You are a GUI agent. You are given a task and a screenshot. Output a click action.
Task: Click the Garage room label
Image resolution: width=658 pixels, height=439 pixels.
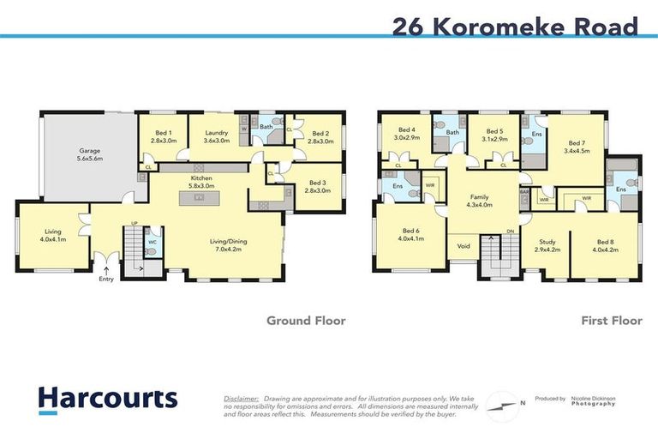click(x=85, y=153)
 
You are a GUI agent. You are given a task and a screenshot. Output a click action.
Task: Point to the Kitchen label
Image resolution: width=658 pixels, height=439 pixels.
click(x=200, y=182)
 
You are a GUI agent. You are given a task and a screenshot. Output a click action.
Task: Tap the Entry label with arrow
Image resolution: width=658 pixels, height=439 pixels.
click(x=106, y=278)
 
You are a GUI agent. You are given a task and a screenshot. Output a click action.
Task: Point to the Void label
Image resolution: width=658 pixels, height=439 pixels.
click(x=464, y=245)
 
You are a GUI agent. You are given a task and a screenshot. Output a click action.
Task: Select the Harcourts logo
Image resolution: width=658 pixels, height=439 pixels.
click(x=107, y=399)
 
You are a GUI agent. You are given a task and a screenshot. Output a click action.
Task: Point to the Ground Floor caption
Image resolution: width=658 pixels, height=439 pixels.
click(x=306, y=321)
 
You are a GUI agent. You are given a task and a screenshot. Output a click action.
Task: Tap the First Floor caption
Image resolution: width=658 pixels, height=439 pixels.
click(x=613, y=321)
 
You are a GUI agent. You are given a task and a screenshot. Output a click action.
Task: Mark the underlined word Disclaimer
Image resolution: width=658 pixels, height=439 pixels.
click(x=241, y=399)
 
